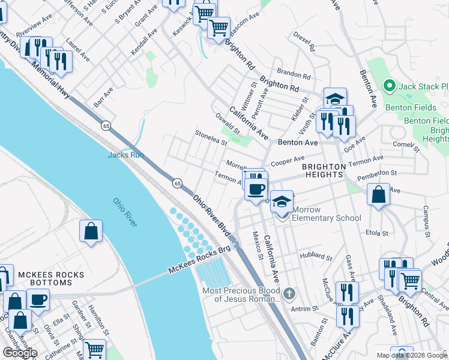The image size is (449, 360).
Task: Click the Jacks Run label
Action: (126, 155)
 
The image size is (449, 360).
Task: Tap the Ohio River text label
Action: (125, 212)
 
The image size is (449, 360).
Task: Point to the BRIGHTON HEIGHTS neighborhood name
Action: (324, 170)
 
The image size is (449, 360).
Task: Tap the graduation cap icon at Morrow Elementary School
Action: (280, 202)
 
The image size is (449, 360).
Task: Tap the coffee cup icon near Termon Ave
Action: (256, 190)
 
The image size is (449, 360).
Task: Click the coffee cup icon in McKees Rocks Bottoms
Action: (38, 300)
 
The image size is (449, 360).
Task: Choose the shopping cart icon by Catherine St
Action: (94, 349)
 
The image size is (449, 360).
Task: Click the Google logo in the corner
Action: (20, 353)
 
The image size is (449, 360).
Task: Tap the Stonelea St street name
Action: (210, 139)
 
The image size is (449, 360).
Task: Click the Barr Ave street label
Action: (103, 98)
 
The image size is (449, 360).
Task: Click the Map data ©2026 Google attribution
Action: (412, 355)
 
